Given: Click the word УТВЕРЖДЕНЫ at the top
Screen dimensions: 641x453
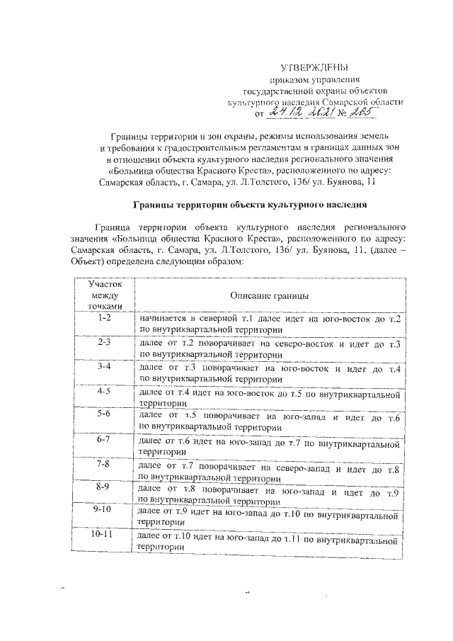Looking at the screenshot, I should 315,67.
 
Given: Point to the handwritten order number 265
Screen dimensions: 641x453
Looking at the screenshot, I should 351,110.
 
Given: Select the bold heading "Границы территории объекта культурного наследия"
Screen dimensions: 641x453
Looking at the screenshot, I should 251,204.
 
